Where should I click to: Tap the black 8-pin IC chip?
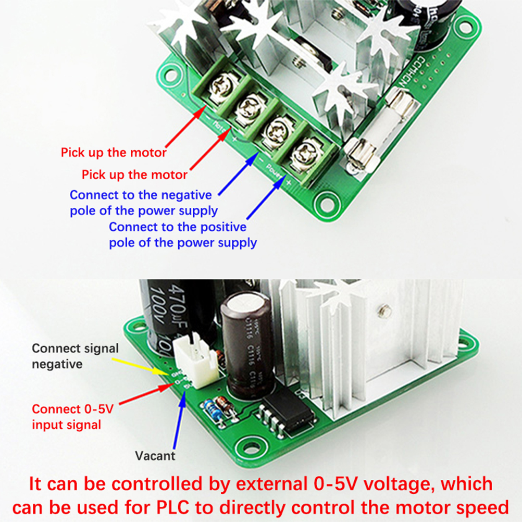coord(290,414)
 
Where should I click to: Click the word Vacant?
coord(155,456)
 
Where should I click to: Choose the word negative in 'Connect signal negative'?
coord(57,364)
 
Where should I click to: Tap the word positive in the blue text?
coord(218,227)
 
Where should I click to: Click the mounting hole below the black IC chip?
coord(245,446)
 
